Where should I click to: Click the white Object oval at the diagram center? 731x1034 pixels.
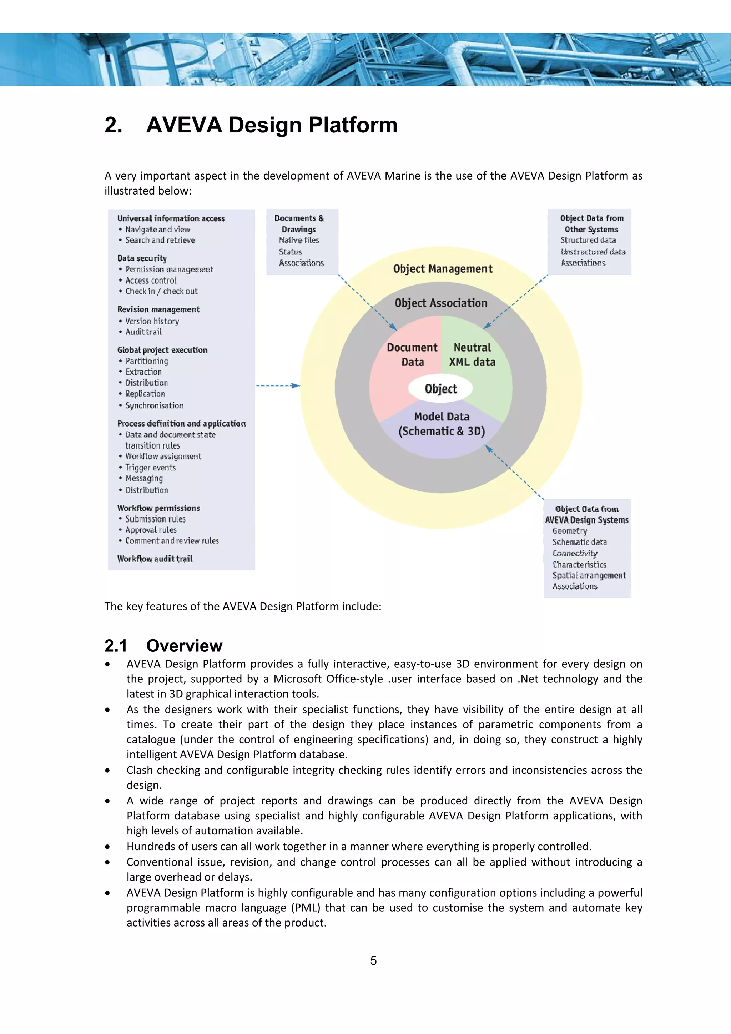pyautogui.click(x=440, y=388)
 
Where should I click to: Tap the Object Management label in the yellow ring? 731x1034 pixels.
pyautogui.click(x=443, y=269)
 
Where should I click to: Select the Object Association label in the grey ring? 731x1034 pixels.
pyautogui.click(x=441, y=303)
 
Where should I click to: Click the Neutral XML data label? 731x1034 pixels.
pyautogui.click(x=472, y=355)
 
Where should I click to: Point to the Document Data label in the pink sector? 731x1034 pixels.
pyautogui.click(x=412, y=355)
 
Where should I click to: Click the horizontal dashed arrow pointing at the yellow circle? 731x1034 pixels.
pyautogui.click(x=277, y=385)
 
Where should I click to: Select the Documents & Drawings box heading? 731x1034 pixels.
pyautogui.click(x=299, y=224)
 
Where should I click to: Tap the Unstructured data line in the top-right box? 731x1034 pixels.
pyautogui.click(x=593, y=252)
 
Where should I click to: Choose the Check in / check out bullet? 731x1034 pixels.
pyautogui.click(x=161, y=291)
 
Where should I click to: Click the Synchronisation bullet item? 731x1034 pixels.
pyautogui.click(x=154, y=405)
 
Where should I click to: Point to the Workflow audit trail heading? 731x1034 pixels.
pyautogui.click(x=155, y=559)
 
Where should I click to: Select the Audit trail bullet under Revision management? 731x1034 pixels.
pyautogui.click(x=143, y=332)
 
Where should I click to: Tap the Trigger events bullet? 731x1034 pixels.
pyautogui.click(x=150, y=468)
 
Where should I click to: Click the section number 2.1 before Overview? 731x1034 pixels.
pyautogui.click(x=116, y=645)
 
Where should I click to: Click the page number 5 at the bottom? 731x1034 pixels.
pyautogui.click(x=373, y=960)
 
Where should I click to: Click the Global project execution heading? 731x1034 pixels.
pyautogui.click(x=162, y=350)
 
